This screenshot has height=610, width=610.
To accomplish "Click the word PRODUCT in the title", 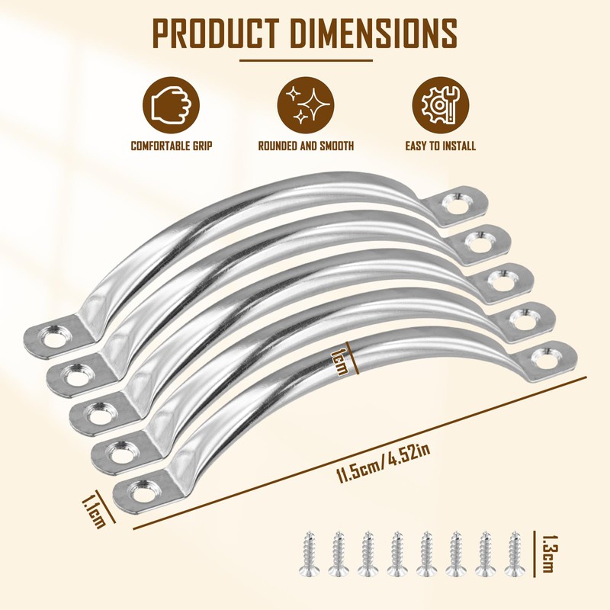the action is (216, 33).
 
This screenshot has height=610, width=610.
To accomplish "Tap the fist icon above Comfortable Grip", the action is (171, 105).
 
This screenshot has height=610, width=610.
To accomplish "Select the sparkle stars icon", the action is (306, 105).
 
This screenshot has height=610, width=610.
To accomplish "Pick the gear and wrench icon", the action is (441, 105).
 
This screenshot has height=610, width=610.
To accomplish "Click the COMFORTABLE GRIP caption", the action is (172, 146).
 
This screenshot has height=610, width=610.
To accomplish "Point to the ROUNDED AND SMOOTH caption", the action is (307, 146).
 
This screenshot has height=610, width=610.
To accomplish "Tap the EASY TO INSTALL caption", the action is (441, 146).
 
